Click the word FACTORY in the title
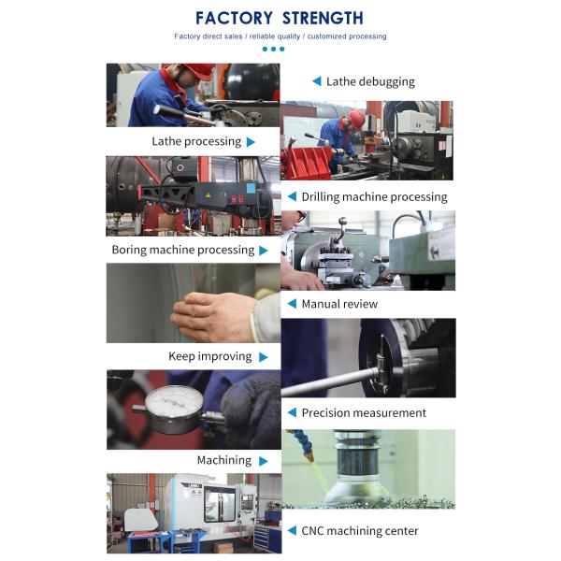(x=234, y=18)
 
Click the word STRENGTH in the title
(x=323, y=18)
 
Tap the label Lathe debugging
(x=370, y=82)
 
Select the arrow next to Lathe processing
(x=251, y=142)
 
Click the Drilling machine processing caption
(x=374, y=197)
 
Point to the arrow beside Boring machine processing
(x=264, y=251)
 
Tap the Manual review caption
(x=339, y=304)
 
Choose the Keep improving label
(x=210, y=357)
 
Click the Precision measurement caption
(x=364, y=413)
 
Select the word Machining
(x=224, y=460)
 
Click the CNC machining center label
(x=360, y=531)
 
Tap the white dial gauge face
(x=174, y=404)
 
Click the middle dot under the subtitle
(x=274, y=49)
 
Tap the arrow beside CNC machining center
(x=292, y=530)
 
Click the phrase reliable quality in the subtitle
(x=275, y=36)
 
